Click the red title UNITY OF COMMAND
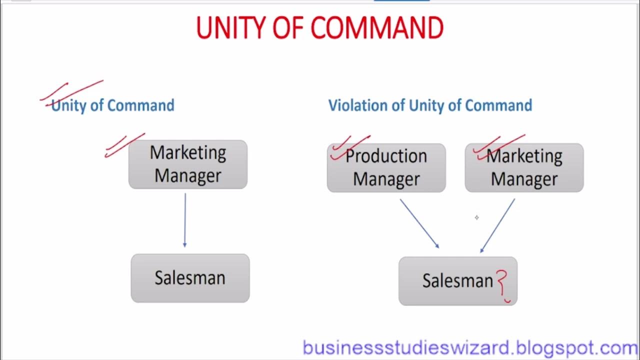[x=320, y=28]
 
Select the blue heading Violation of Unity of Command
[x=430, y=105]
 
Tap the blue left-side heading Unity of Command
[x=113, y=105]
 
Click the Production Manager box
[x=386, y=168]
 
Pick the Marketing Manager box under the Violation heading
[x=524, y=168]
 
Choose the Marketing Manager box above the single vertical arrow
[x=188, y=164]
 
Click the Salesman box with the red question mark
[x=457, y=281]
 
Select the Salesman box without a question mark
[x=190, y=278]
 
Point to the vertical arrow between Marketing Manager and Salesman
[x=185, y=220]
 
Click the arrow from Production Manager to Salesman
[x=419, y=223]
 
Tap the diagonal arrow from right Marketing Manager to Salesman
[x=497, y=225]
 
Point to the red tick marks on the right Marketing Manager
[x=497, y=146]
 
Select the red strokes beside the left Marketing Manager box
[x=123, y=145]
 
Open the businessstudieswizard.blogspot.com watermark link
[x=470, y=347]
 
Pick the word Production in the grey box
[x=386, y=156]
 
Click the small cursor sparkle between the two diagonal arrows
[x=476, y=217]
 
